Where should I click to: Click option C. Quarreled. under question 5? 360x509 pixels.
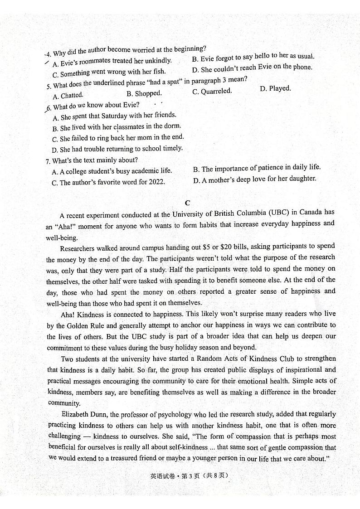212,91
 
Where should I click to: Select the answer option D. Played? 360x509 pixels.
275,88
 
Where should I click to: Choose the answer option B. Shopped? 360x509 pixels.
144,93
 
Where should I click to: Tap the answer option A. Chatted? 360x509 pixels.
68,96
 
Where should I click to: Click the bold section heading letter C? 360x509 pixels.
187,203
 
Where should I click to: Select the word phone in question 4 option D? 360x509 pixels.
302,67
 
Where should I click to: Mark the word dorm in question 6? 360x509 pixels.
172,126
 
